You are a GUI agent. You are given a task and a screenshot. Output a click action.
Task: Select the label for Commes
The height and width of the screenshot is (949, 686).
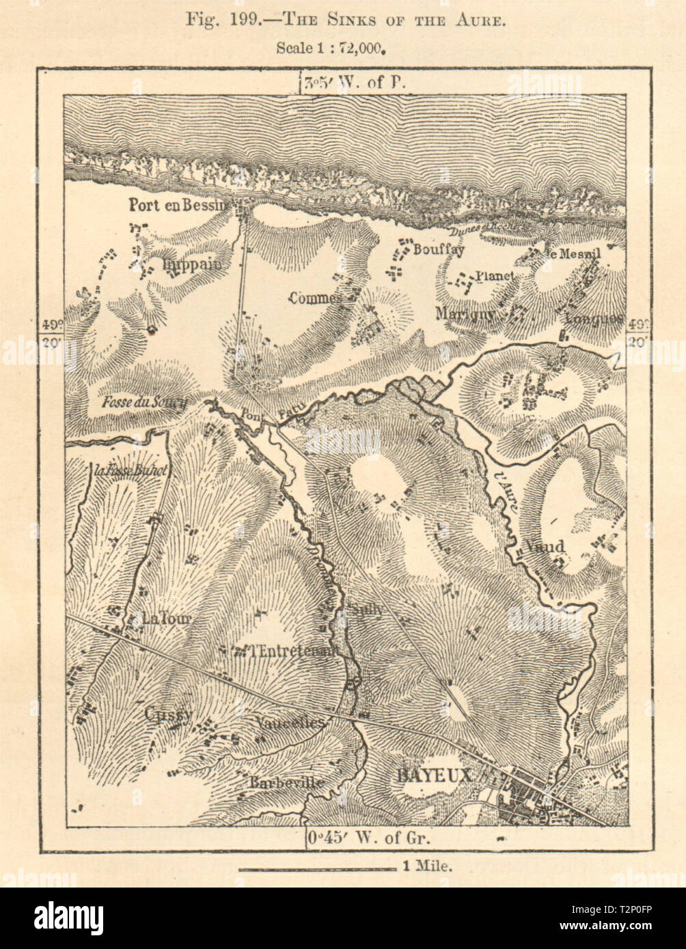pos(315,298)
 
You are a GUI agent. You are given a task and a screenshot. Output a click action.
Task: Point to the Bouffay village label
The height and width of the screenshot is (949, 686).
pos(438,250)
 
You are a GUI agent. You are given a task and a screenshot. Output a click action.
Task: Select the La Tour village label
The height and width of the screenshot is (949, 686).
pos(167,619)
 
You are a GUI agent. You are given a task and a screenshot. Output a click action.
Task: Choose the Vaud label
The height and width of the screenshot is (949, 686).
pos(545,546)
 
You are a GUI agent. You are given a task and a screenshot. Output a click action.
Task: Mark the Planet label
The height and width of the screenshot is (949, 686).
pos(495,275)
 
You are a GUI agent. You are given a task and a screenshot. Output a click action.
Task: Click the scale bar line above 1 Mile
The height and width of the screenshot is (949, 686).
pos(317,869)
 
